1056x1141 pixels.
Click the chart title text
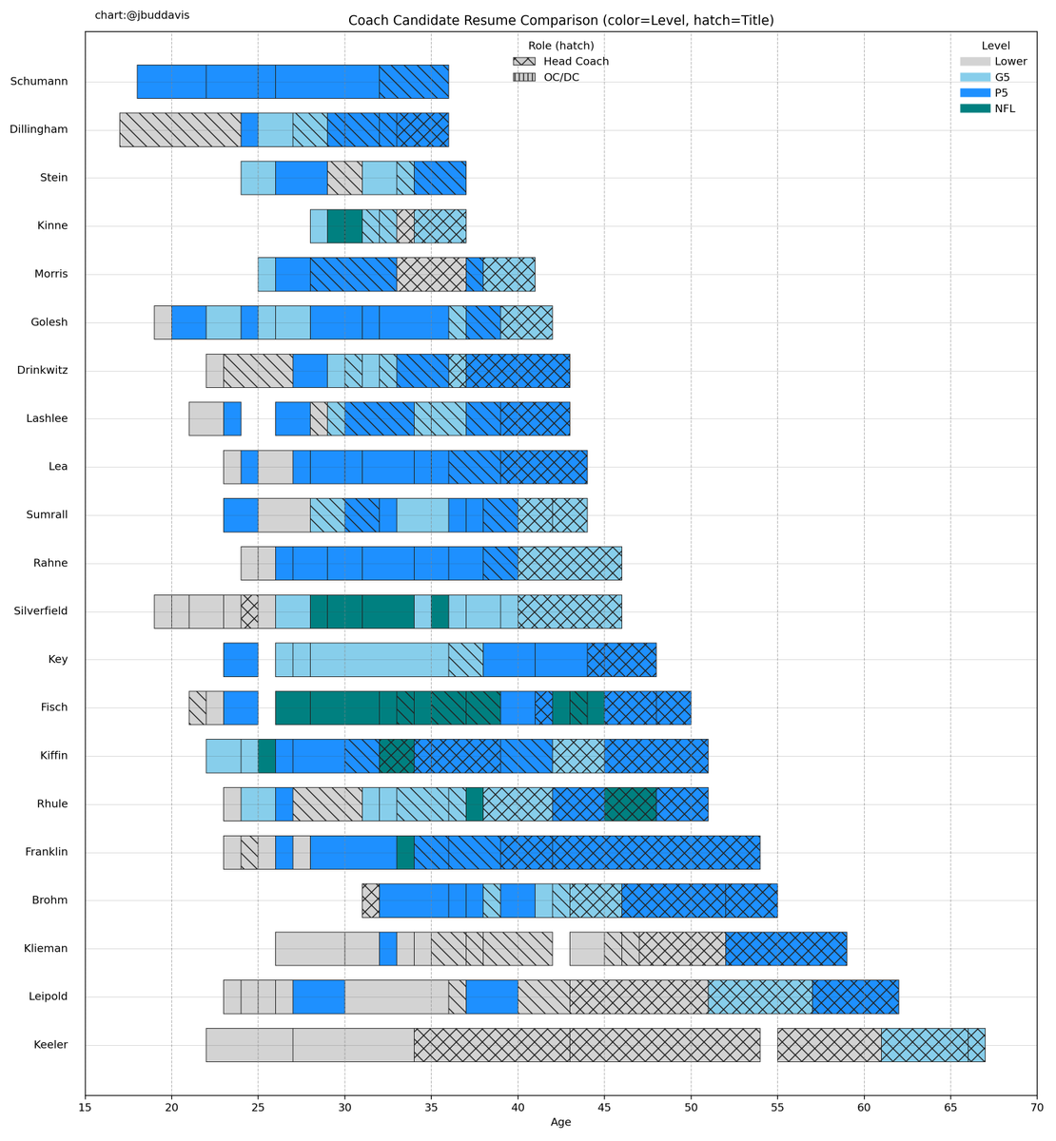coord(561,21)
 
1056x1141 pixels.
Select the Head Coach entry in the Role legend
coord(560,62)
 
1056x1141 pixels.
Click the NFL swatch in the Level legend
coord(974,109)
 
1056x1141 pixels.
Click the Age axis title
coord(561,1123)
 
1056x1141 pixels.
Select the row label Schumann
coord(39,82)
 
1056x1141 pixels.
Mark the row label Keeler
coord(50,1045)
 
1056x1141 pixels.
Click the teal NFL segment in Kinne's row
coord(344,226)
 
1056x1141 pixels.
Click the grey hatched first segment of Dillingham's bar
coord(180,129)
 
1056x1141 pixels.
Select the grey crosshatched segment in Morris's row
coord(431,275)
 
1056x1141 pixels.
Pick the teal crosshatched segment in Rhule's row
coord(630,804)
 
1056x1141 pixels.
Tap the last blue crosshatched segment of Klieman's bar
coord(786,949)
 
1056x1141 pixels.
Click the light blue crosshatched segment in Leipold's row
coord(759,996)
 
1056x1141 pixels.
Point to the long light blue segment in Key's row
coord(379,660)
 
